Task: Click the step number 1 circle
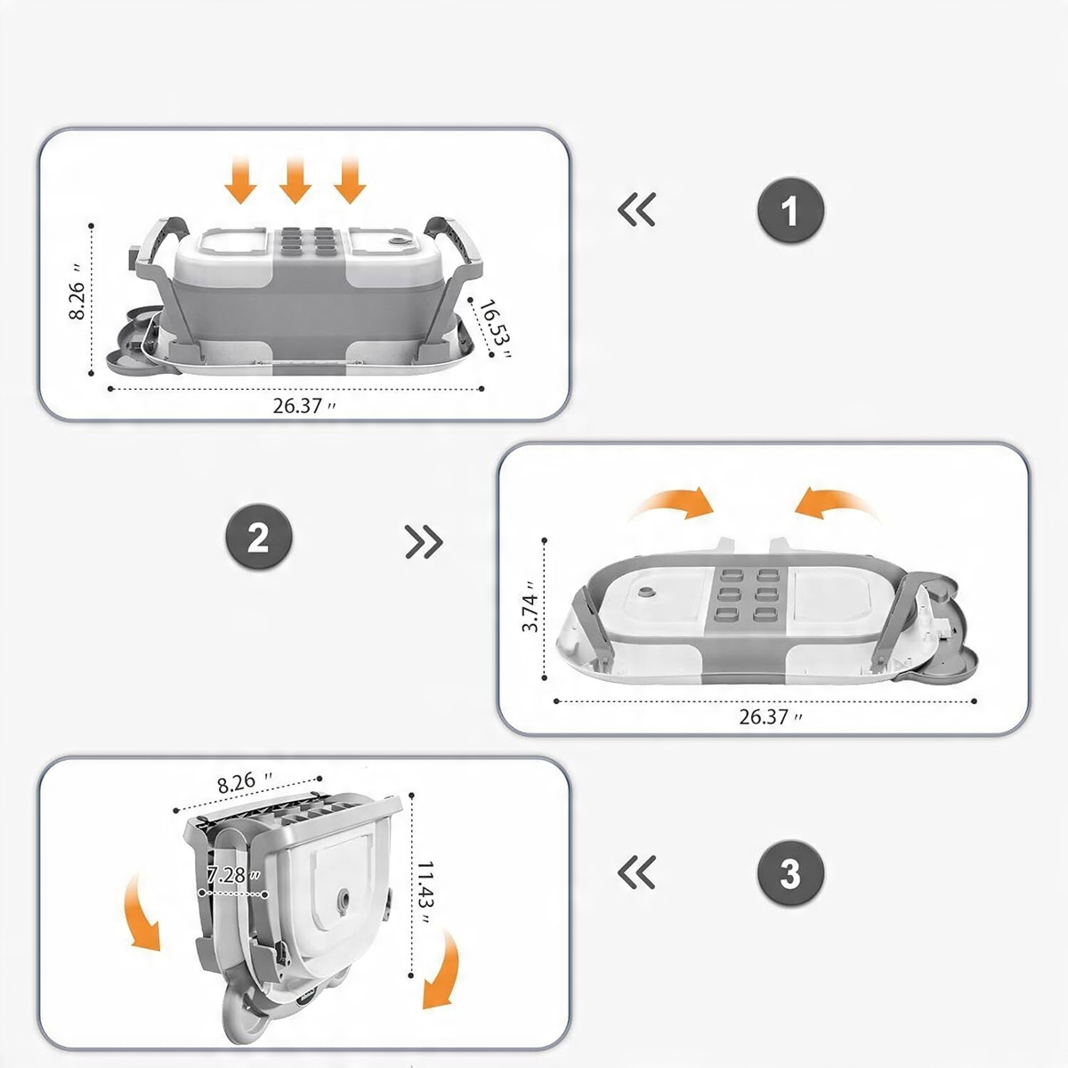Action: [x=790, y=212]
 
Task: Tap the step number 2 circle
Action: [x=258, y=538]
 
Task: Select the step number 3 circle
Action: [x=790, y=874]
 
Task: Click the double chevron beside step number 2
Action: [x=424, y=541]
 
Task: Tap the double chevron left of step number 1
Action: [x=637, y=210]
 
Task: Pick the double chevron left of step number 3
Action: [x=637, y=872]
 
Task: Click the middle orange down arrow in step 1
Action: [x=295, y=180]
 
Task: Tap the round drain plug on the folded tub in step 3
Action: [x=343, y=900]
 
